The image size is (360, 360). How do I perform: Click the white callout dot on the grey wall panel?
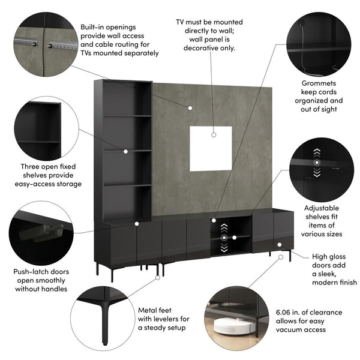(190, 109)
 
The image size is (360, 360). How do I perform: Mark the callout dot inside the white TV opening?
(214, 136)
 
